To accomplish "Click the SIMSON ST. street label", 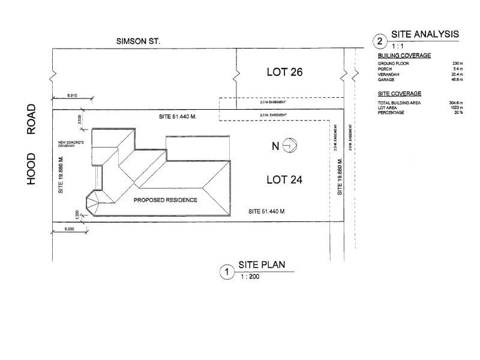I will coord(139,41).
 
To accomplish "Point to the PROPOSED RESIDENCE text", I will coord(165,200).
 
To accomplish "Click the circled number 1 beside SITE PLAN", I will coord(226,272).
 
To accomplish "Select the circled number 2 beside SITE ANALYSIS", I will coord(380,41).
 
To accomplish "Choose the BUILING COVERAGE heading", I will coord(404,55).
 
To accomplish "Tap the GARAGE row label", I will coord(386,80).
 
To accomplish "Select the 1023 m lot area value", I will coord(456,108).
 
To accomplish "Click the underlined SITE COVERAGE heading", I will coord(399,94).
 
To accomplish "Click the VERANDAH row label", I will coord(389,74).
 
